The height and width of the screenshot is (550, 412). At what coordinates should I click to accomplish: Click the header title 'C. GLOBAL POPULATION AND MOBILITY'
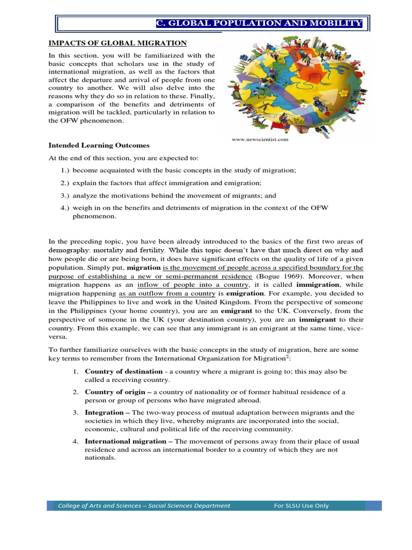coord(259,24)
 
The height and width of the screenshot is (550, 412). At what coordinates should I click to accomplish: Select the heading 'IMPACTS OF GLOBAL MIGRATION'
coord(117,42)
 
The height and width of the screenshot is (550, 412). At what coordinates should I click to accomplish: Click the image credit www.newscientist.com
coord(260,139)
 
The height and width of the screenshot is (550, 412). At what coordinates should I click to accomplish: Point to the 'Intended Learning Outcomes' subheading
coord(99,146)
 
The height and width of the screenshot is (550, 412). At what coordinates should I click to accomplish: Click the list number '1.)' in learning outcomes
coord(65,170)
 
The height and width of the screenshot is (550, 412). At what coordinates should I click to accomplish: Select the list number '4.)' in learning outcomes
coord(65,208)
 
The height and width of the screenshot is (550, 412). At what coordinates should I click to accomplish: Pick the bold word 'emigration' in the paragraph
coord(245,293)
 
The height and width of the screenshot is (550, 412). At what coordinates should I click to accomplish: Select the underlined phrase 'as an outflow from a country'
coord(167,293)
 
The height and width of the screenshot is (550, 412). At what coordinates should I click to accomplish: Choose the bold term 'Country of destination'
coord(123,372)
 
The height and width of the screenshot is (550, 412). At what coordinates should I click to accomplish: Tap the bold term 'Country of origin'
coord(115,392)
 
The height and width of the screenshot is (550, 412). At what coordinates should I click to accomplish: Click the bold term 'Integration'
coord(104,412)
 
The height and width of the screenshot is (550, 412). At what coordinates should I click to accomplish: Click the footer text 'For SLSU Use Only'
coord(301,505)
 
